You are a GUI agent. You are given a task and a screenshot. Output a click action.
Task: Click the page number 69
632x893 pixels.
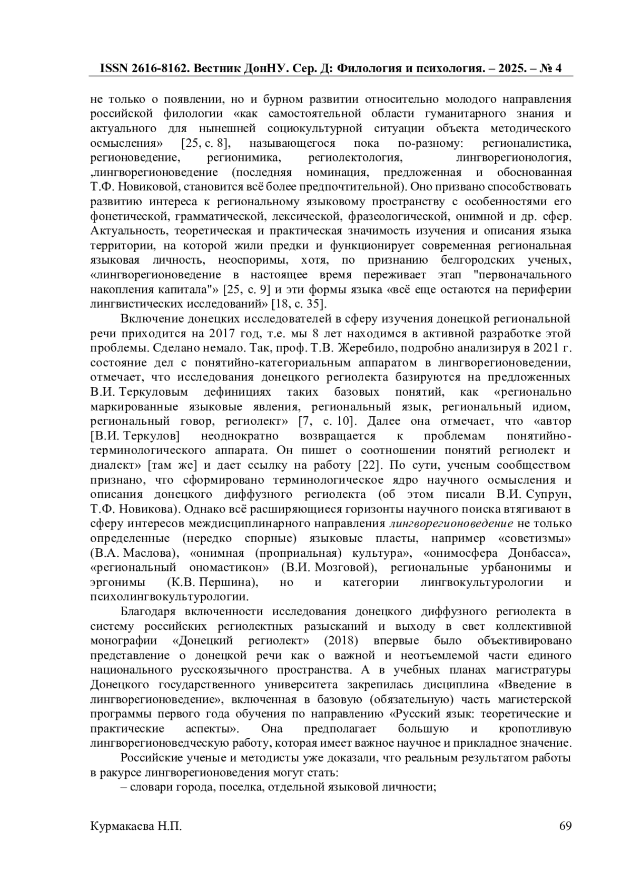click(565, 826)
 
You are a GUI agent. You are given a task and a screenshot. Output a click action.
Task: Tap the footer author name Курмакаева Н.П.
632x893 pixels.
click(136, 826)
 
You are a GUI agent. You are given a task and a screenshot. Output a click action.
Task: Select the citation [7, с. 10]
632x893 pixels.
click(327, 422)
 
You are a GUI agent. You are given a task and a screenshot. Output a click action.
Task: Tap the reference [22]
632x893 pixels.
click(366, 466)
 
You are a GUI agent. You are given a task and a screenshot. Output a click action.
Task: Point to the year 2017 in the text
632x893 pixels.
click(225, 334)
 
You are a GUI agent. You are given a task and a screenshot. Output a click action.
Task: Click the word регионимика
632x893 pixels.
click(244, 157)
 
